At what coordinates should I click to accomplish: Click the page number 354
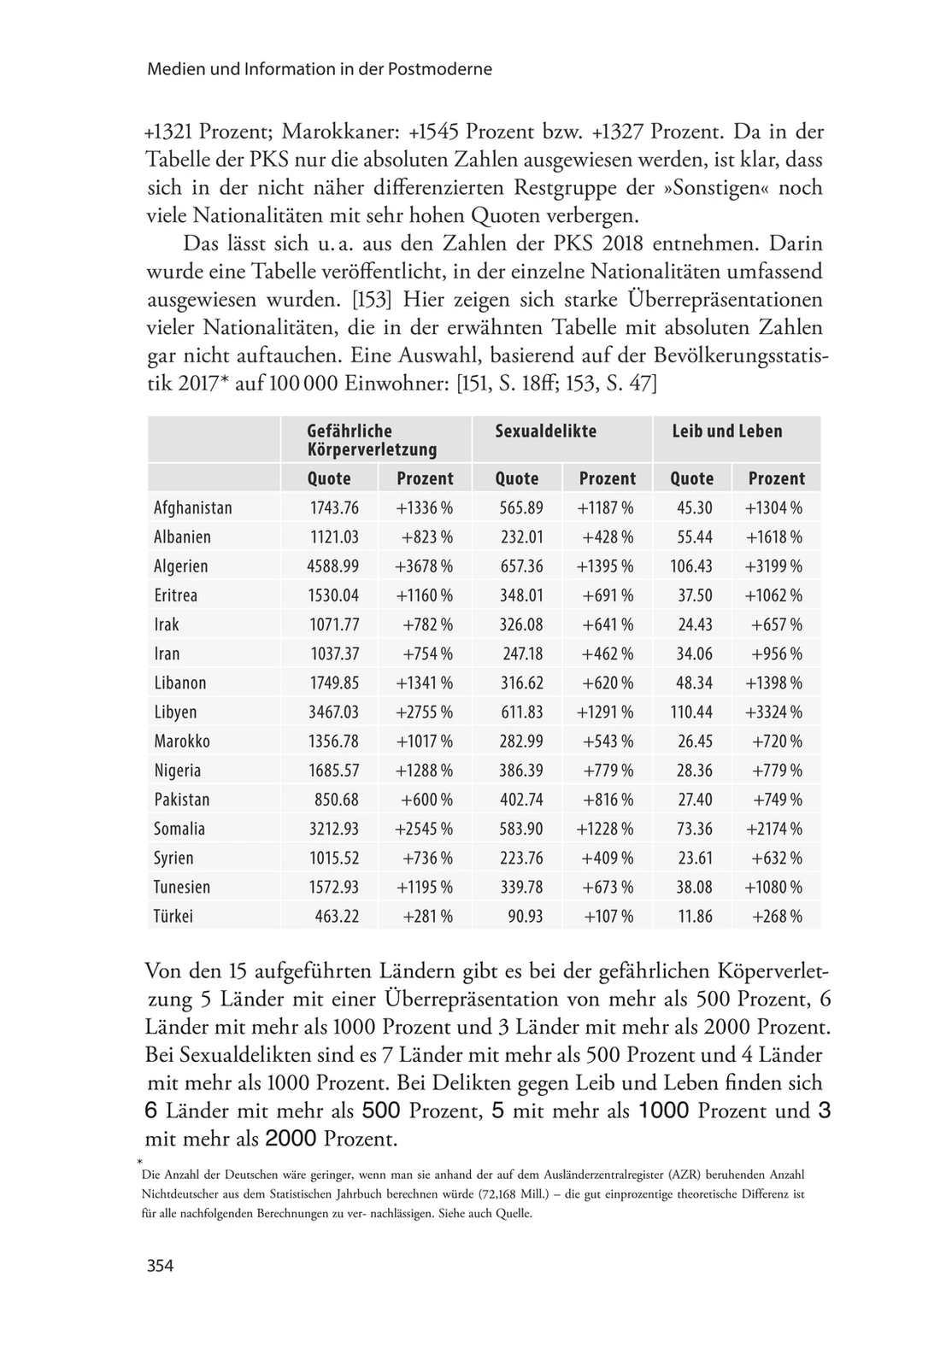[x=160, y=1266]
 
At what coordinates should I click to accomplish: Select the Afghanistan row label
[x=193, y=508]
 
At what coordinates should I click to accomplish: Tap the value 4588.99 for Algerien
[x=333, y=566]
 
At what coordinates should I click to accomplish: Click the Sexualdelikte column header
[x=545, y=431]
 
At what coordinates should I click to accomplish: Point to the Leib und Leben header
[x=726, y=431]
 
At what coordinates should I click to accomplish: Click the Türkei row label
[x=173, y=917]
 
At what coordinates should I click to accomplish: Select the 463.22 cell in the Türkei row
[x=336, y=917]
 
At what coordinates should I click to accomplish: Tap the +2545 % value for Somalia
[x=424, y=829]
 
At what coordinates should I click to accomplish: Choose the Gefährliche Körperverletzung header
[x=372, y=440]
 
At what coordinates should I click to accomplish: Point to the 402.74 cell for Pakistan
[x=521, y=800]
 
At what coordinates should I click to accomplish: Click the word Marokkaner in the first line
[x=338, y=132]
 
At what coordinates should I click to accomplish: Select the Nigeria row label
[x=178, y=771]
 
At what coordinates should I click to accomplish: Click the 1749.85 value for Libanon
[x=333, y=683]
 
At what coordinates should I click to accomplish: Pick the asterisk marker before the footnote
[x=138, y=1163]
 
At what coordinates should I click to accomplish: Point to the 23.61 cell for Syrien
[x=694, y=859]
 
